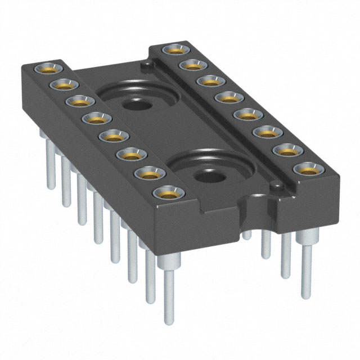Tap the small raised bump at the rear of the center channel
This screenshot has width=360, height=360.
(146, 66)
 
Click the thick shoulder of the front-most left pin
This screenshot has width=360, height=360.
(167, 260)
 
